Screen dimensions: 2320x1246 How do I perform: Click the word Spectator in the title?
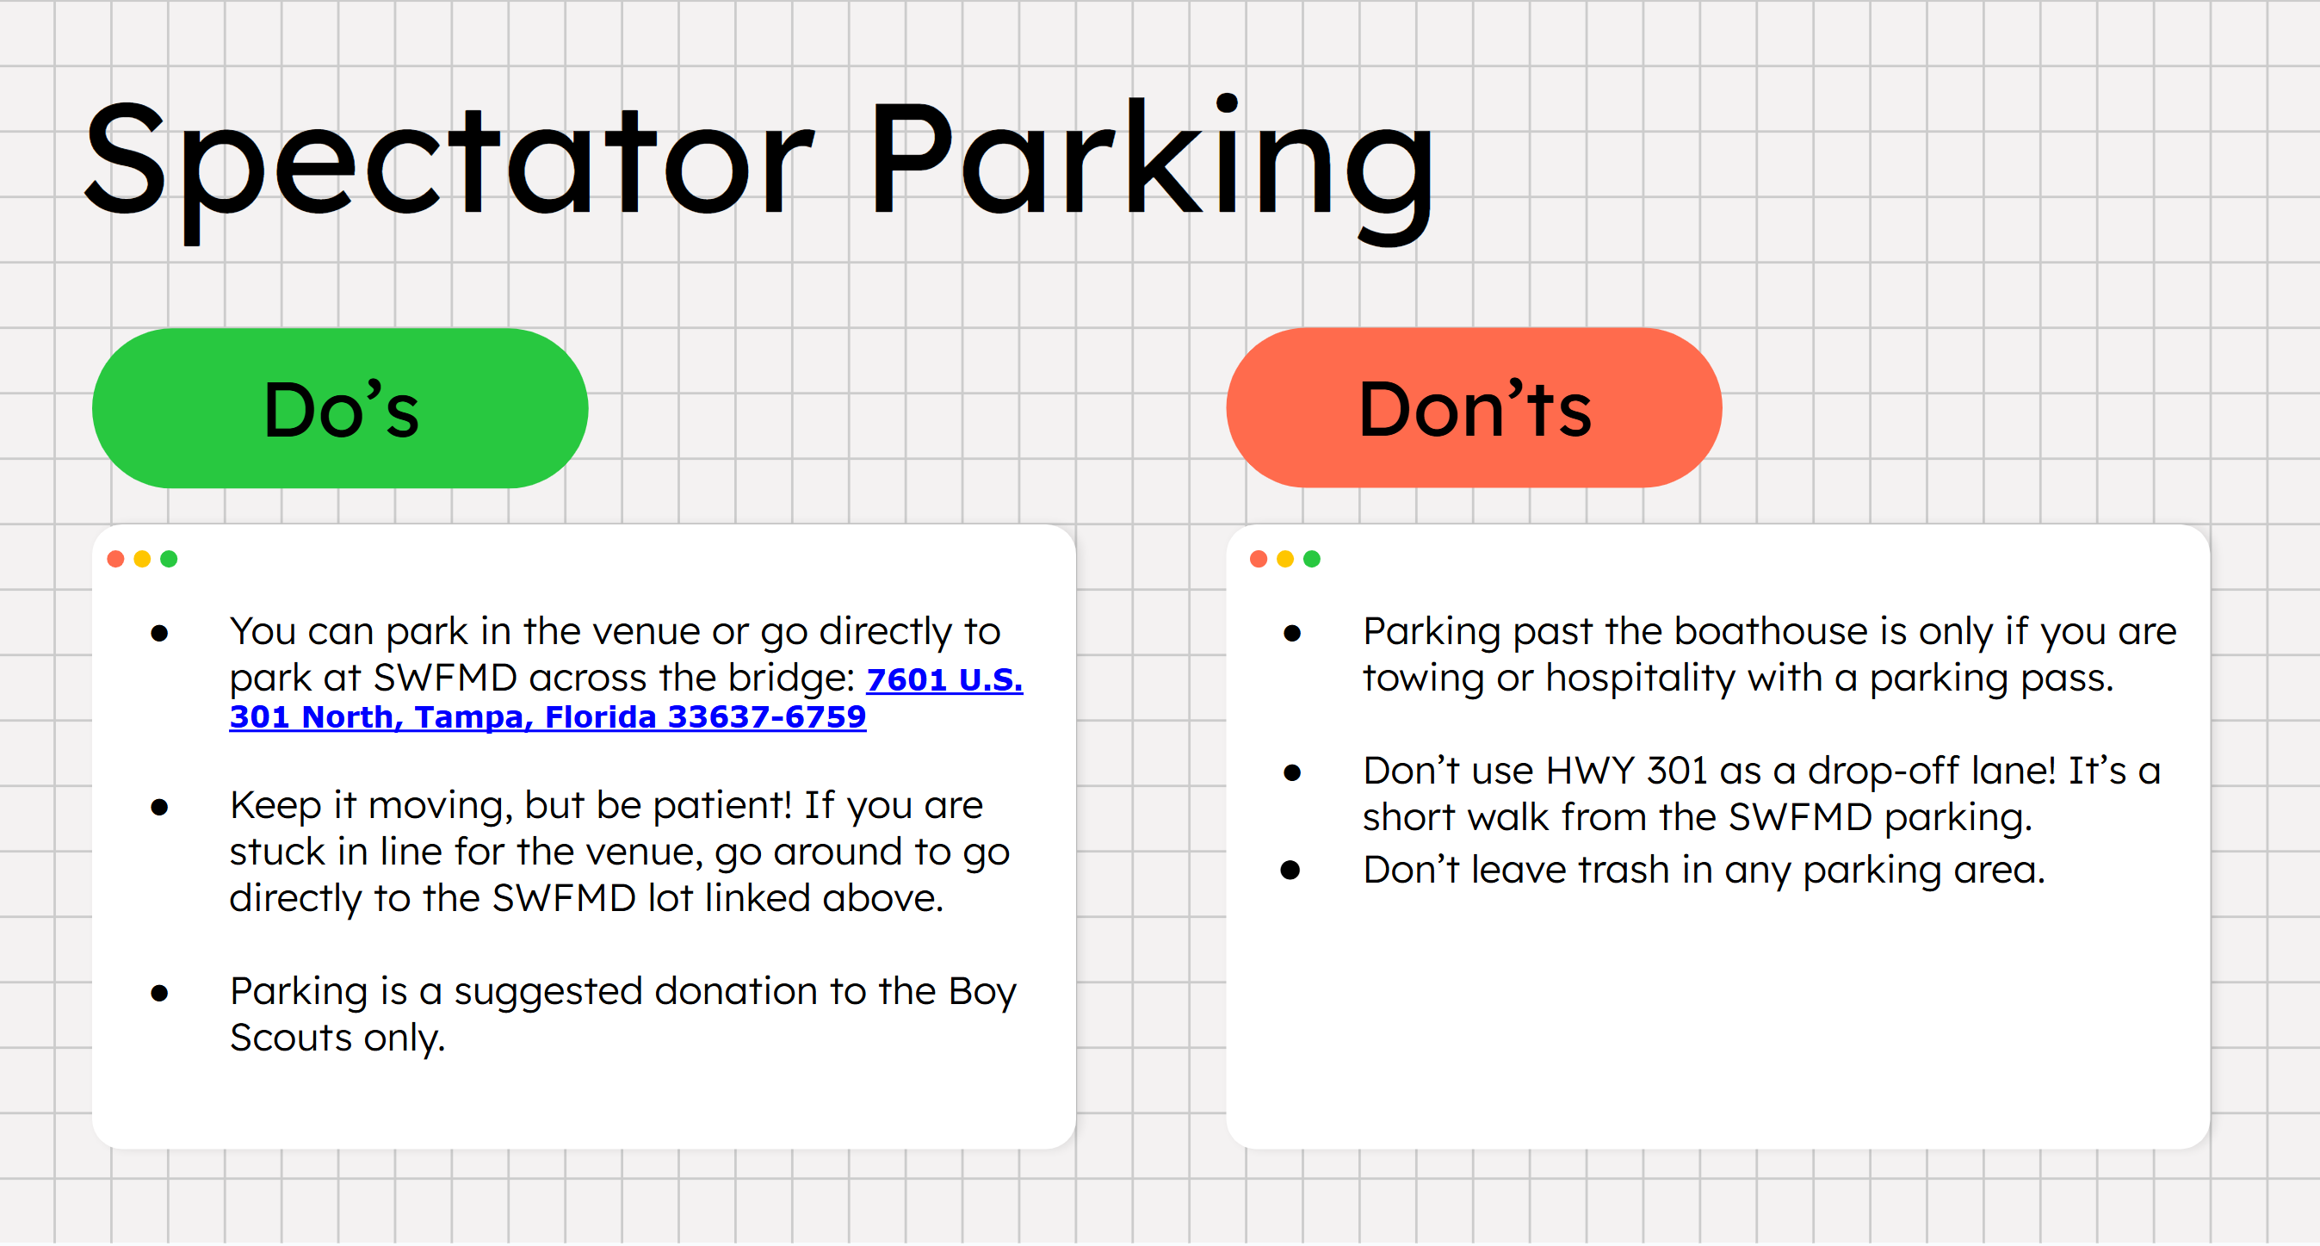[x=449, y=167]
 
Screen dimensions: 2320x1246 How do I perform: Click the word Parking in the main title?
[x=1152, y=167]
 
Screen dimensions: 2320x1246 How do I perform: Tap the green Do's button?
[x=340, y=408]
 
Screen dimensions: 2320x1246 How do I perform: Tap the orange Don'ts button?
[x=1474, y=408]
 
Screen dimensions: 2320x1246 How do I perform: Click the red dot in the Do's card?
[x=115, y=560]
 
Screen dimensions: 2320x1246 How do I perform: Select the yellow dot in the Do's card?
[x=142, y=560]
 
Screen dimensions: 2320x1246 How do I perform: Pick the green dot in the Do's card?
[x=169, y=560]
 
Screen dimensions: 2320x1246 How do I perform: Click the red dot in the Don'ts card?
[x=1259, y=560]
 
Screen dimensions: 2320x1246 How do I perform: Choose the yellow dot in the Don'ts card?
[x=1285, y=560]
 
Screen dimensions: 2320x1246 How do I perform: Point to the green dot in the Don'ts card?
[x=1311, y=560]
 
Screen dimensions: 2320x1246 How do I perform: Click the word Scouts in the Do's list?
[x=291, y=1038]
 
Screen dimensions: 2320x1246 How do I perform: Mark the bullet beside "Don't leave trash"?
[x=1290, y=871]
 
